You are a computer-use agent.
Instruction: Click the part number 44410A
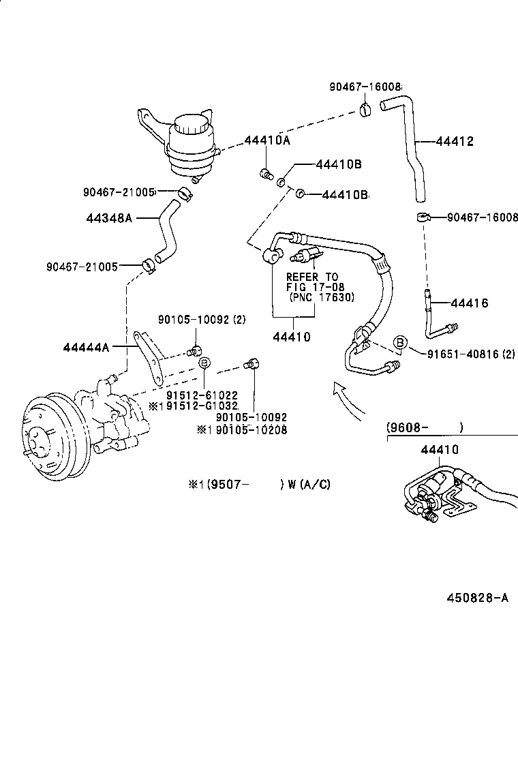tap(268, 141)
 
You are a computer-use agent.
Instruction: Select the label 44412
tap(455, 142)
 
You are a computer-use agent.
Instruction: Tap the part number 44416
tap(470, 303)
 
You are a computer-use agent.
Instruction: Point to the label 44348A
tap(109, 218)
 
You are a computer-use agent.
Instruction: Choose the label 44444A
tap(86, 347)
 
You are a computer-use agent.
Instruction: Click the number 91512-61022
tap(202, 394)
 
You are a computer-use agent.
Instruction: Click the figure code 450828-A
tap(478, 598)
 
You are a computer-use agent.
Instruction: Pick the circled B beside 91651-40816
tap(401, 343)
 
